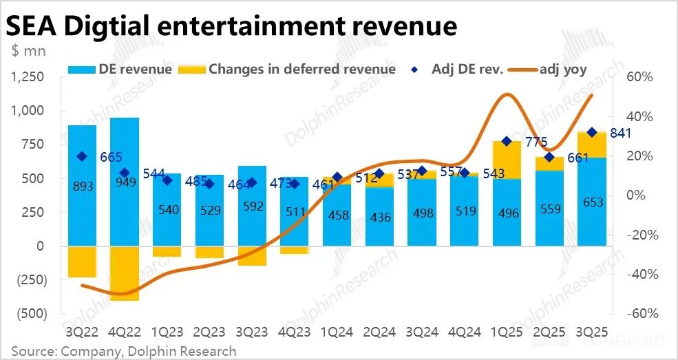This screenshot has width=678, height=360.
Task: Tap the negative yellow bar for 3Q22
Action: [x=82, y=262]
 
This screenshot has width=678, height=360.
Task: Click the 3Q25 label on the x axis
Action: [x=591, y=332]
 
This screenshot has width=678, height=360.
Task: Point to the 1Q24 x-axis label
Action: [x=337, y=332]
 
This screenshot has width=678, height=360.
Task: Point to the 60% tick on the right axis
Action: [x=639, y=77]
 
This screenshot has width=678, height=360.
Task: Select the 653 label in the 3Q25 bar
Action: [x=592, y=202]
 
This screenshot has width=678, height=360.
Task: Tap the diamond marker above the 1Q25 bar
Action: [x=507, y=141]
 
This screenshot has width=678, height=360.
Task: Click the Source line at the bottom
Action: [x=124, y=351]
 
